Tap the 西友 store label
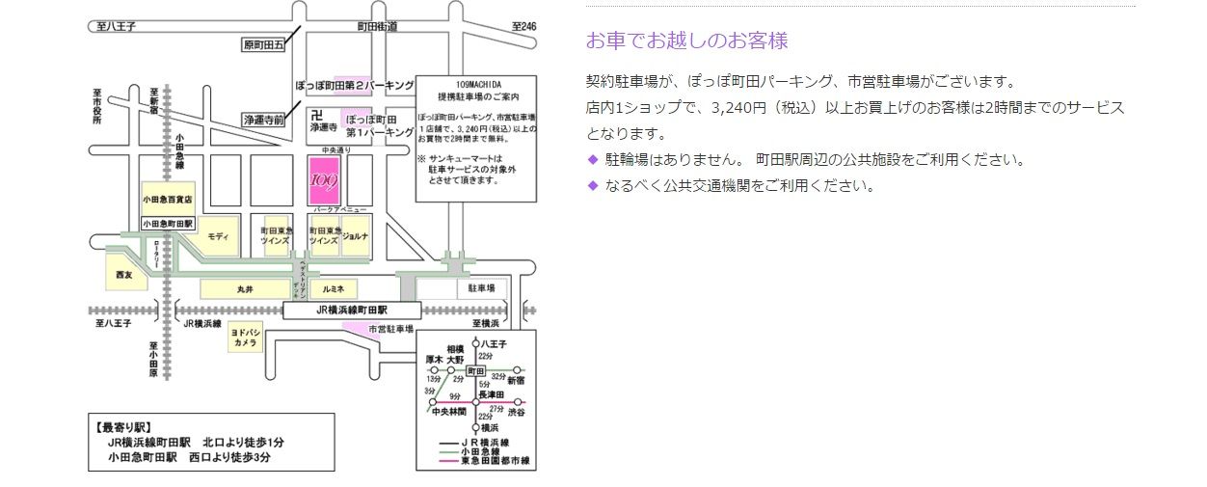click(123, 275)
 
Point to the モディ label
click(217, 236)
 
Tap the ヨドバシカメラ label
click(245, 337)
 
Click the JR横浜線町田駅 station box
click(353, 311)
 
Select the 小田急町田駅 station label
click(169, 223)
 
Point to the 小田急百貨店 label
click(168, 199)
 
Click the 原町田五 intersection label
click(264, 44)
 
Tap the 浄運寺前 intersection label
click(264, 120)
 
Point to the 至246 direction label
click(523, 26)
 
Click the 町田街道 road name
click(377, 26)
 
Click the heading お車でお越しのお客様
click(687, 41)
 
